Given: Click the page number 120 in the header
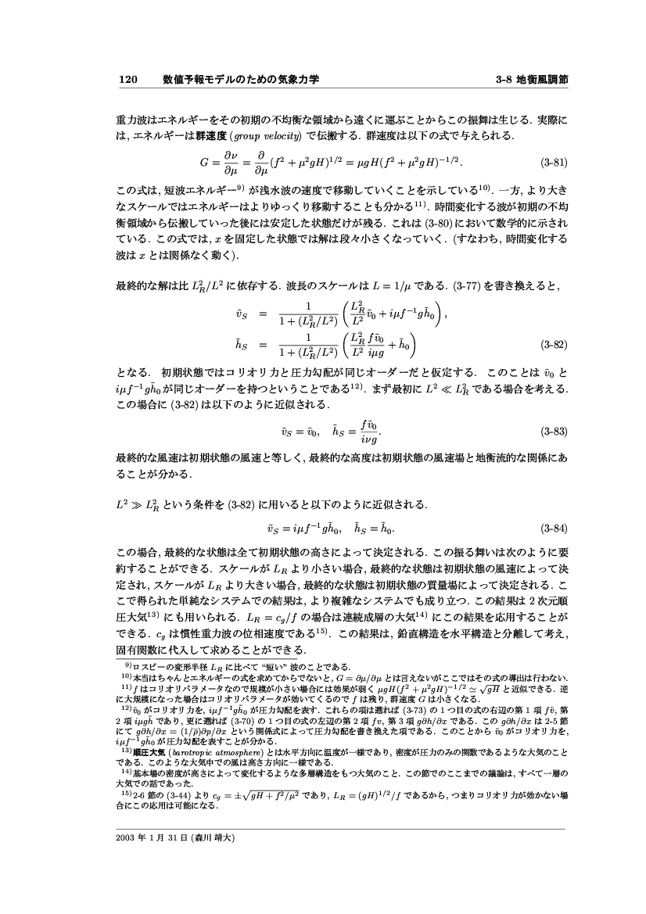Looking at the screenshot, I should point(127,79).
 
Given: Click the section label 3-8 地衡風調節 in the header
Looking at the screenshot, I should point(532,79).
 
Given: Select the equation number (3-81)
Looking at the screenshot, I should point(554,164).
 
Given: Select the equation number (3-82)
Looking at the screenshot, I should point(554,343).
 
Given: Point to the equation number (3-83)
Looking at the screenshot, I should point(554,431).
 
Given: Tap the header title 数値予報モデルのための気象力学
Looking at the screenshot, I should point(240,79).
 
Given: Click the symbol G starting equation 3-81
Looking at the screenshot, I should point(204,164).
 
